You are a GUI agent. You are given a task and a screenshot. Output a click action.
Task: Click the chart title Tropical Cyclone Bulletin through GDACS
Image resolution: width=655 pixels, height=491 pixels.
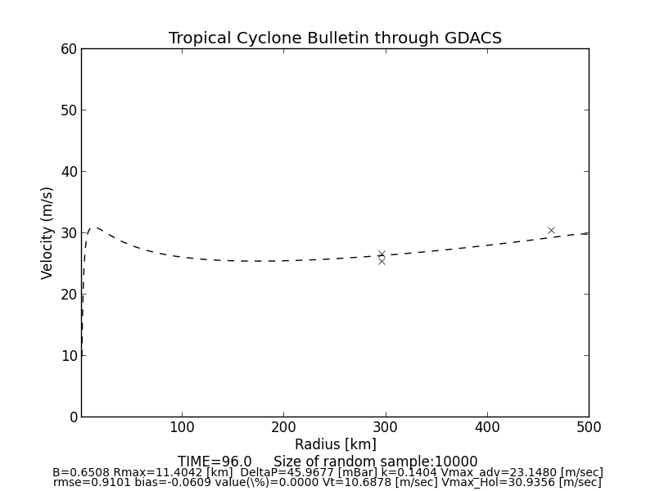point(335,38)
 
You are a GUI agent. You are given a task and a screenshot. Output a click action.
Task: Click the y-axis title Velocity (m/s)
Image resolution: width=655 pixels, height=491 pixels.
point(47,232)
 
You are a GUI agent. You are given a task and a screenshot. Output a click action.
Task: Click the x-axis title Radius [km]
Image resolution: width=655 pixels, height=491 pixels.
point(335,444)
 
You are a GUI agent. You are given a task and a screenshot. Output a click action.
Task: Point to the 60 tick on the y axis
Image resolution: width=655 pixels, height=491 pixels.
point(69,49)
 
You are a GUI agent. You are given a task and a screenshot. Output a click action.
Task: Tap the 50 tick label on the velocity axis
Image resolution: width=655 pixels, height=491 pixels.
point(69,110)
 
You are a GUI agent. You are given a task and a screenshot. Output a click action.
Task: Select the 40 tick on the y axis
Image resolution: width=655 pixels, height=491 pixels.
point(69,172)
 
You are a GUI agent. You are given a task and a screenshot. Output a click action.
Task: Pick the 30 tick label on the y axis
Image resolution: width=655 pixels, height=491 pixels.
point(69,233)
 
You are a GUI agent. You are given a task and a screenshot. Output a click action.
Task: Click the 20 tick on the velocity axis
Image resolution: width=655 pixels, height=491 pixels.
point(69,295)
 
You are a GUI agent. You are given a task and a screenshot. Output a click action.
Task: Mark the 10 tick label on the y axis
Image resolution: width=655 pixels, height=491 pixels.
point(69,356)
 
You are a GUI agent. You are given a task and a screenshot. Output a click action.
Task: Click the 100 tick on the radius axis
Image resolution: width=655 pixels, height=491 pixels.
point(182,427)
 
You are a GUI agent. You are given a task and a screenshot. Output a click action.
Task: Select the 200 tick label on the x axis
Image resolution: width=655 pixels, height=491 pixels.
point(283,427)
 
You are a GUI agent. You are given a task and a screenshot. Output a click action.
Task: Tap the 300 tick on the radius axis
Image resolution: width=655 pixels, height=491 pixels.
point(385,427)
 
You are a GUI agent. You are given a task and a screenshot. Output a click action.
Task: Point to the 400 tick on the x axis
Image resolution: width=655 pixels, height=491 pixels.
point(487,427)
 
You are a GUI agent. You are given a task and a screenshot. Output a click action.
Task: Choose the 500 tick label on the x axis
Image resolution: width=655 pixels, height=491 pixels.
point(588,427)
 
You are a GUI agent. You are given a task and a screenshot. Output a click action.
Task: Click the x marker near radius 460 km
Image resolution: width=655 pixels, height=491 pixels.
point(551,231)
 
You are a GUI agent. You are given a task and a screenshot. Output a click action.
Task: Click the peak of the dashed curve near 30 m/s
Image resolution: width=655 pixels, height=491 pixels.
point(96,227)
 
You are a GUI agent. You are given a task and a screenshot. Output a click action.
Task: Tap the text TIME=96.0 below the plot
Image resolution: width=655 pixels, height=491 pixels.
point(215,462)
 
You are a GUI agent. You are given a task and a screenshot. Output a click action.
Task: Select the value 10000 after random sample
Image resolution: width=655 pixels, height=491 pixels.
point(457,462)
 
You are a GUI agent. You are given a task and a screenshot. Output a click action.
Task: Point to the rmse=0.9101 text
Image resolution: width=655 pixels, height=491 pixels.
point(88,483)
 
